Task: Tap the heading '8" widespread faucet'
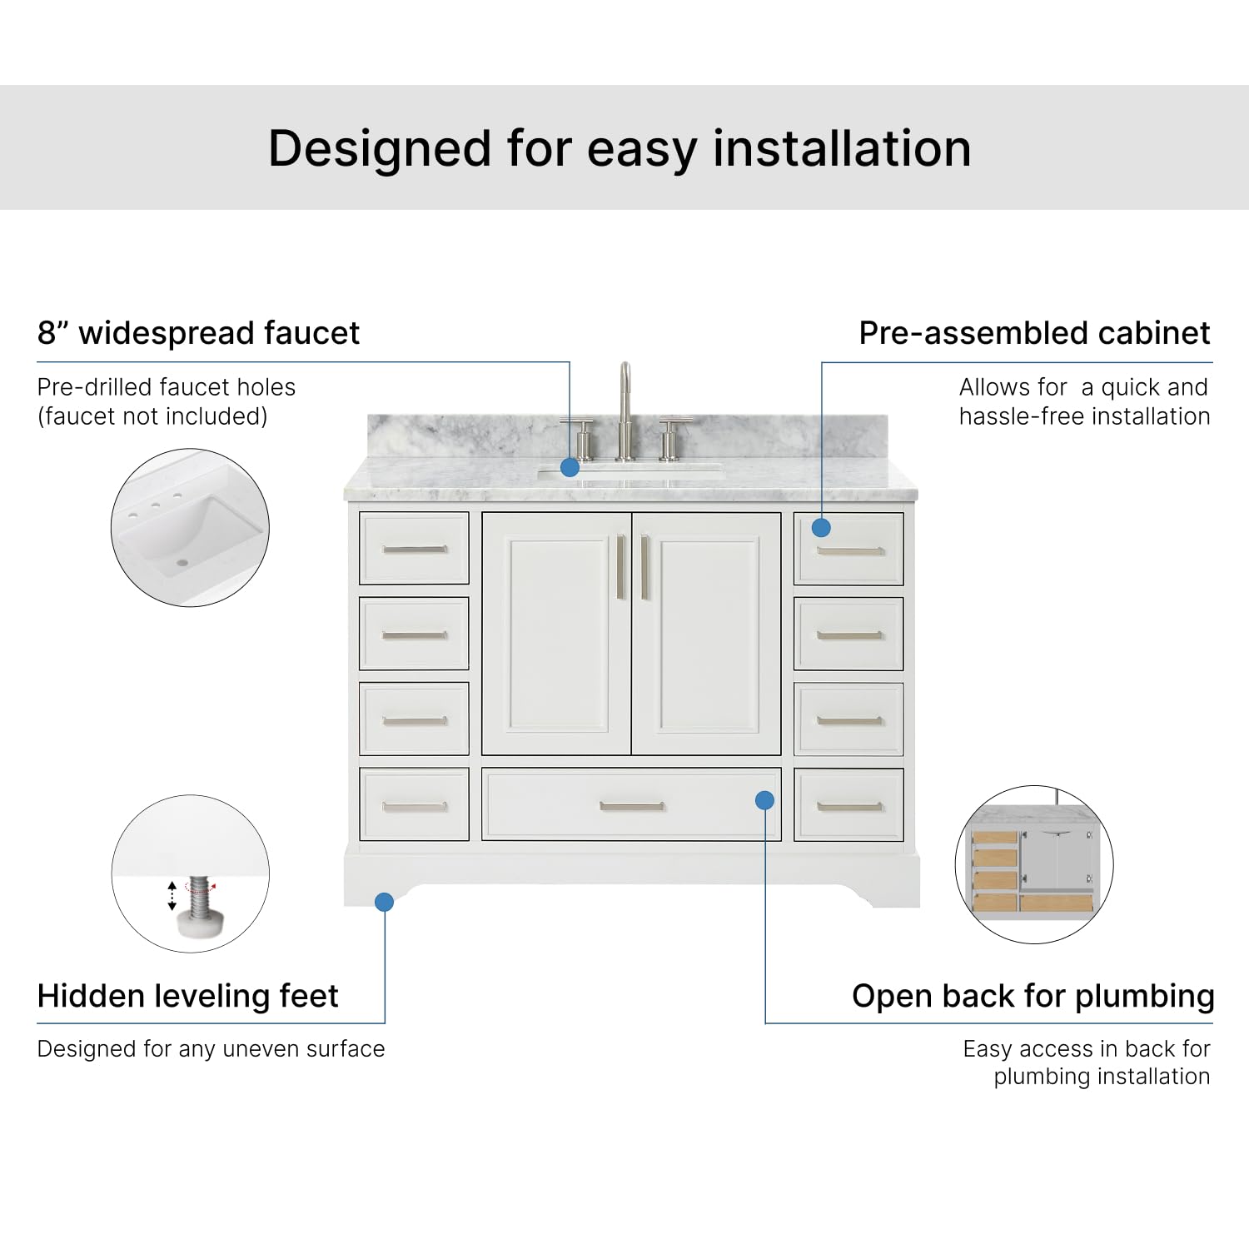click(198, 333)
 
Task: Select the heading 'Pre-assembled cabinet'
click(1034, 333)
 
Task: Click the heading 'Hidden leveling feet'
click(187, 996)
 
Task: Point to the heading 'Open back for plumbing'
click(1033, 996)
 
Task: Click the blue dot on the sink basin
click(570, 467)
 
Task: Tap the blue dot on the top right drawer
click(821, 527)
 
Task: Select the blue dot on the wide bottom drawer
click(764, 800)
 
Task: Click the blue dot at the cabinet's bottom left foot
click(384, 902)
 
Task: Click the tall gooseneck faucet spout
click(624, 400)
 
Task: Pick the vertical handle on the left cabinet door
click(620, 567)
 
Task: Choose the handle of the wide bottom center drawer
click(632, 806)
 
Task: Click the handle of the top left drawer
click(415, 549)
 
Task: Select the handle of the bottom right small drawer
click(849, 806)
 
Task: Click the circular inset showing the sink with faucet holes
click(190, 527)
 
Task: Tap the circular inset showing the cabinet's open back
click(1034, 864)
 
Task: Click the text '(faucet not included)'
click(152, 416)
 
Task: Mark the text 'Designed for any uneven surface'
click(211, 1049)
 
